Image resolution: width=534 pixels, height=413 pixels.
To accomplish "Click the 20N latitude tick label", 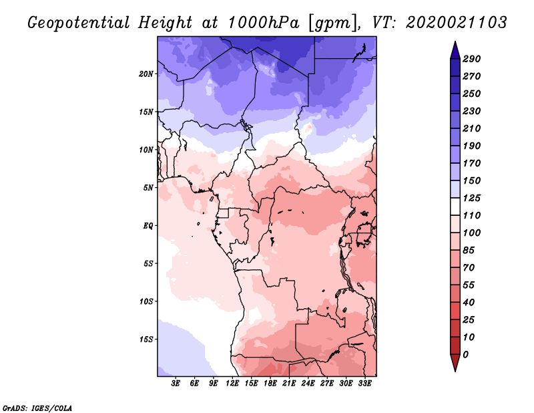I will pyautogui.click(x=146, y=74).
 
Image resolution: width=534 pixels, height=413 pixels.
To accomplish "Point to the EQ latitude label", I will pyautogui.click(x=148, y=225).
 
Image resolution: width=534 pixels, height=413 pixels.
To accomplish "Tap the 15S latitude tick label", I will pyautogui.click(x=146, y=339).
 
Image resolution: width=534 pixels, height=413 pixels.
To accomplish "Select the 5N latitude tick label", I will pyautogui.click(x=148, y=187).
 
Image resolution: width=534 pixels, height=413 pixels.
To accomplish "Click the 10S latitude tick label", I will pyautogui.click(x=146, y=301).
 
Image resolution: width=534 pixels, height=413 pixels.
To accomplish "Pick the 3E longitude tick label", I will pyautogui.click(x=176, y=384).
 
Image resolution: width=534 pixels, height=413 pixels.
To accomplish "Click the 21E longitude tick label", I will pyautogui.click(x=289, y=384).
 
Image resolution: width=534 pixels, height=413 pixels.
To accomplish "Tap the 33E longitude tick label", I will pyautogui.click(x=364, y=384).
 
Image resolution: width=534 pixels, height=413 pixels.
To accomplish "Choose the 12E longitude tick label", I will pyautogui.click(x=232, y=384).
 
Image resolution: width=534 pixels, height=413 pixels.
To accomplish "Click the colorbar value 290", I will pyautogui.click(x=472, y=59).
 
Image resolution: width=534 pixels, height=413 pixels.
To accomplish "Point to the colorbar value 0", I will pyautogui.click(x=466, y=354).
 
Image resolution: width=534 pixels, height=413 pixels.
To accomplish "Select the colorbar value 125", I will pyautogui.click(x=472, y=198).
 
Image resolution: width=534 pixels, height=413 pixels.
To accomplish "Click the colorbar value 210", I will pyautogui.click(x=472, y=128).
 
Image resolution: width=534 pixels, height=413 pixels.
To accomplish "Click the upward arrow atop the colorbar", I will pyautogui.click(x=455, y=48).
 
